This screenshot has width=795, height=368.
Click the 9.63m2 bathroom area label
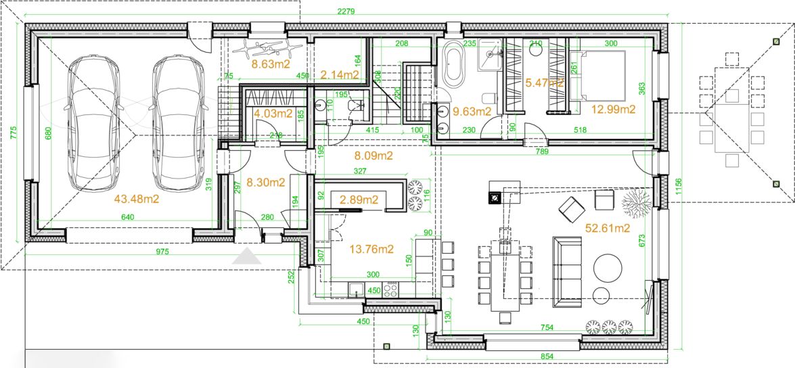pyautogui.click(x=472, y=112)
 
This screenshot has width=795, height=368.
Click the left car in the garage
pyautogui.click(x=95, y=123)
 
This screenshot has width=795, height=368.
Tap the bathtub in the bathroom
pyautogui.click(x=453, y=64)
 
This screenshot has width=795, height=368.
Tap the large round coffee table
pyautogui.click(x=608, y=267)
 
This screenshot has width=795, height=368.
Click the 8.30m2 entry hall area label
pyautogui.click(x=265, y=182)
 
